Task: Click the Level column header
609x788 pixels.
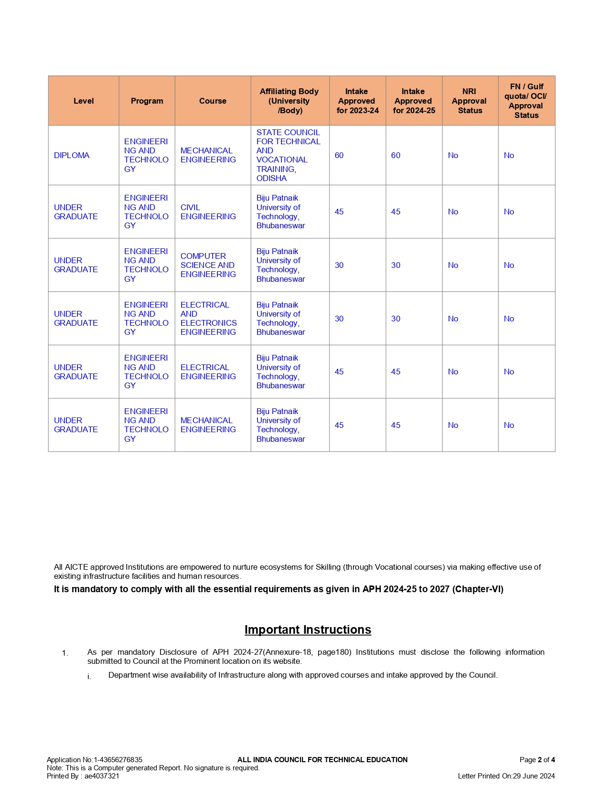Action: [84, 101]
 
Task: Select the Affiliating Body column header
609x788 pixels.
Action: [289, 101]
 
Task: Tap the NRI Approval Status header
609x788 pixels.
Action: [470, 101]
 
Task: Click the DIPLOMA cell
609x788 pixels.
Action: [72, 155]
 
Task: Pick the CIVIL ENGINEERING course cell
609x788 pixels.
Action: [208, 212]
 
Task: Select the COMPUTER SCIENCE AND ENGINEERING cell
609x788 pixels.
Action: [208, 265]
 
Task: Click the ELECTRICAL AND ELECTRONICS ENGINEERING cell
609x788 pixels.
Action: [208, 318]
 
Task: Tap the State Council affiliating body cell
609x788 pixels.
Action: [288, 155]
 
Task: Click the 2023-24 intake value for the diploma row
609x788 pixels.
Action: [339, 155]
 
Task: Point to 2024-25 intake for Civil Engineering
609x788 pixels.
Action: [395, 212]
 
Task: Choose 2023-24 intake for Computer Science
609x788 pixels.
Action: [339, 265]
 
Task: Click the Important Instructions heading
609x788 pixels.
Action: [308, 629]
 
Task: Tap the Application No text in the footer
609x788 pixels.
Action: [95, 759]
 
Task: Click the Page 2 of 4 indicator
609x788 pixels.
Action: [537, 759]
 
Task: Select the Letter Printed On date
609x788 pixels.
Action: [506, 776]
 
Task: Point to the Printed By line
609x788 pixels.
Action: [83, 776]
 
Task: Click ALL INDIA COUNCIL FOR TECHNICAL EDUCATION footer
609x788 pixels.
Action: [322, 759]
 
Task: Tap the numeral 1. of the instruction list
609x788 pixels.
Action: [65, 653]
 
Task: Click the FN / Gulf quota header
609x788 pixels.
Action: [526, 101]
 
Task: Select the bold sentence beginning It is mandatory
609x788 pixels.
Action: [278, 589]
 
